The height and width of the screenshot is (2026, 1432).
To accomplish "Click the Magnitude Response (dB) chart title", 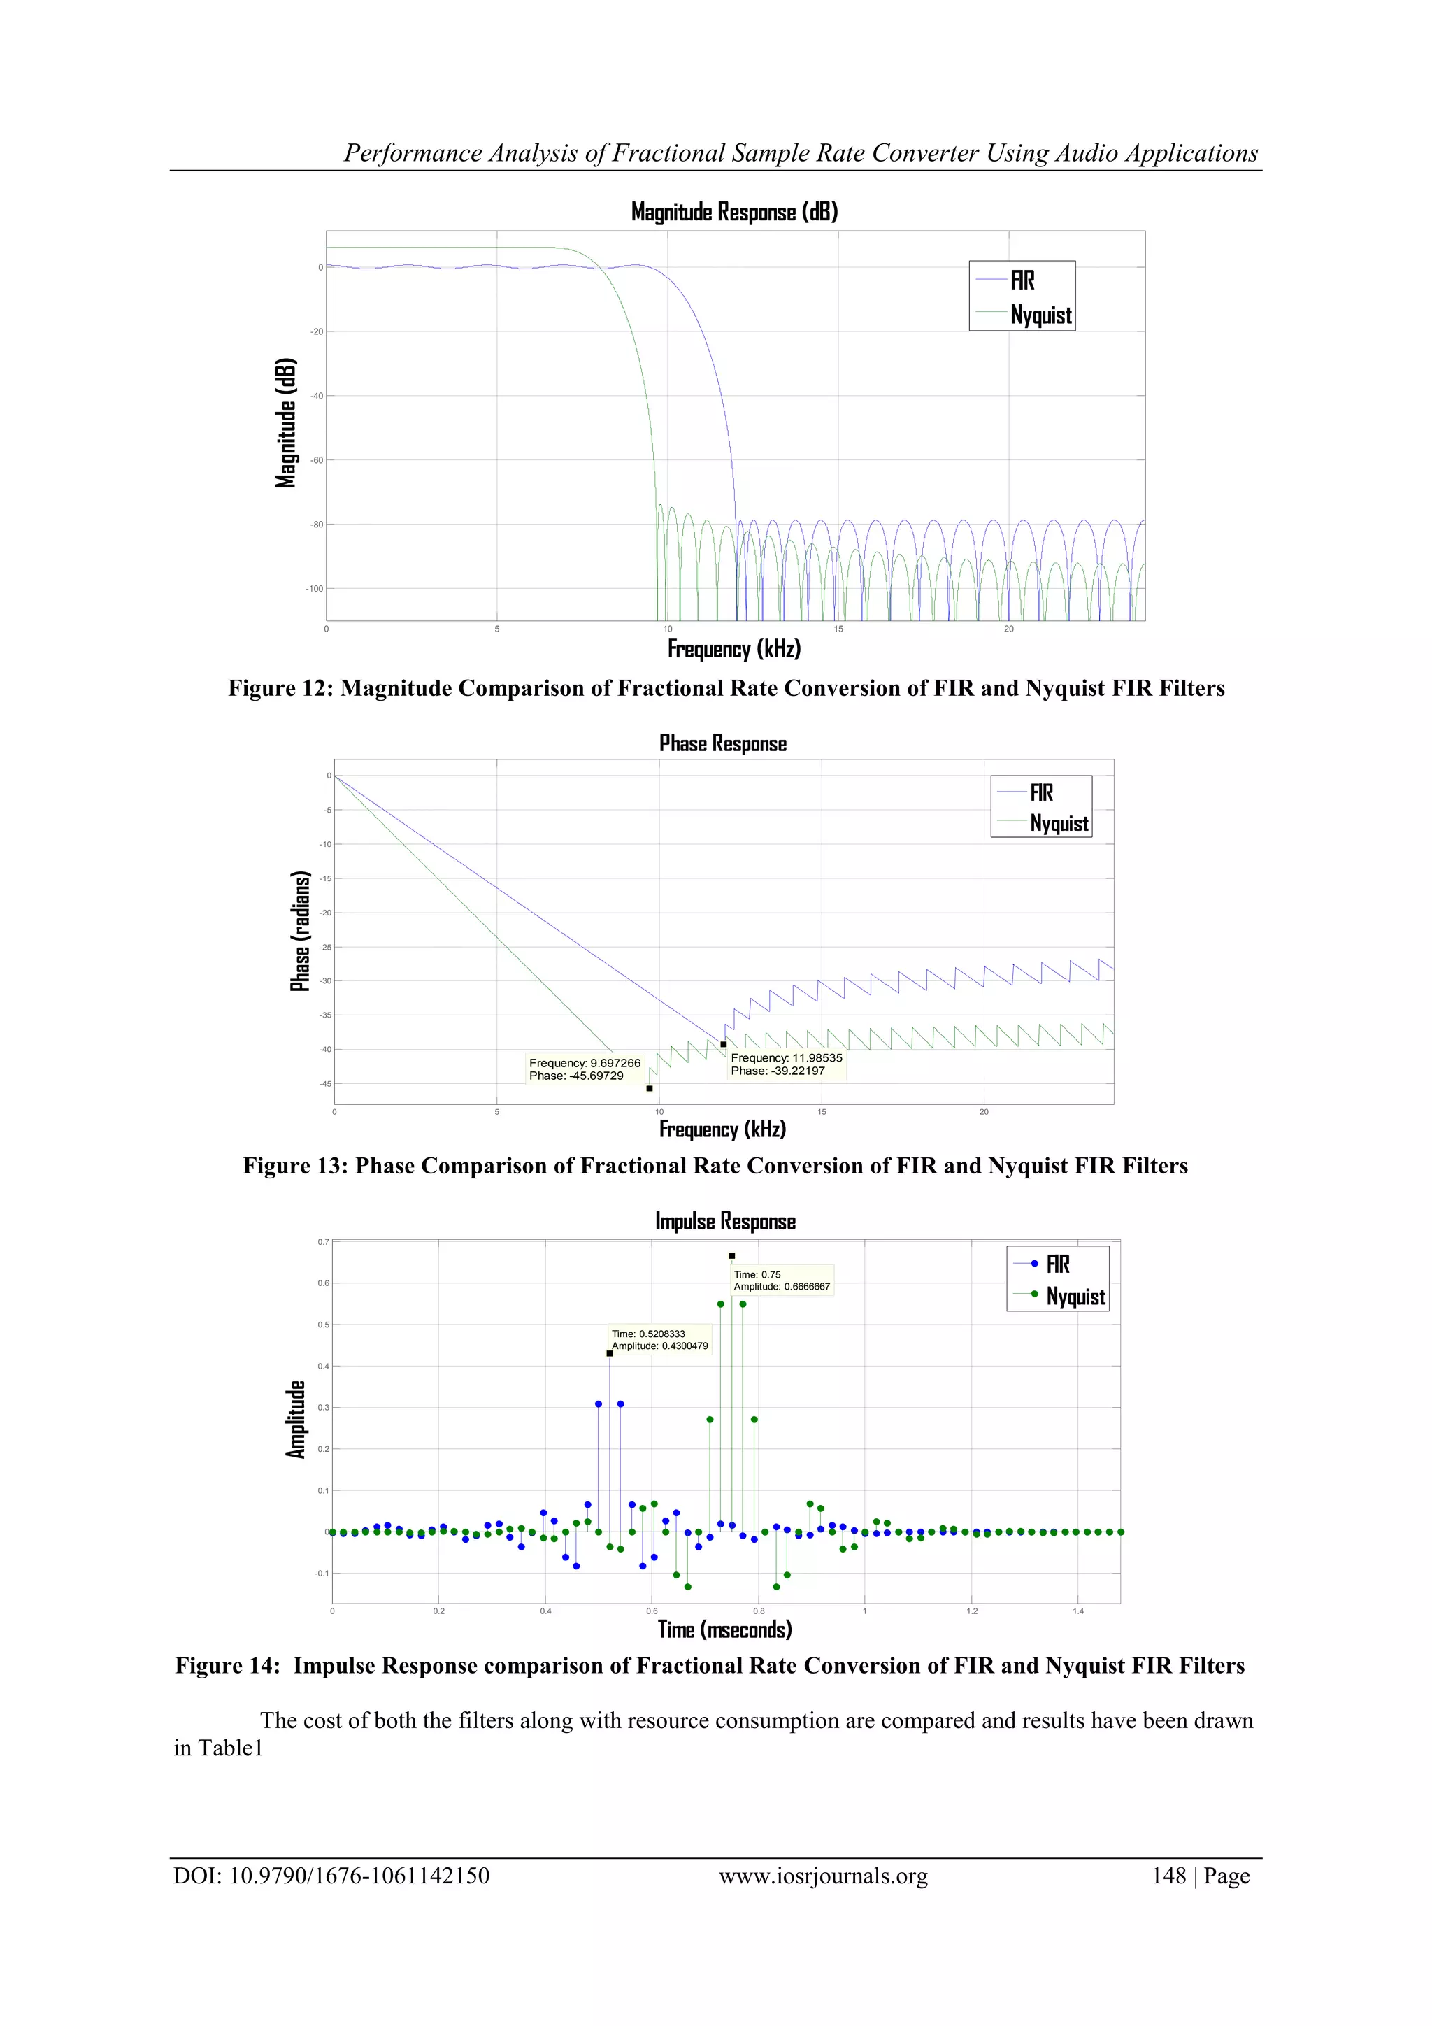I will pos(734,212).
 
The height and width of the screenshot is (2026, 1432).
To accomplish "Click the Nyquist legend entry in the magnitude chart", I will pos(1040,315).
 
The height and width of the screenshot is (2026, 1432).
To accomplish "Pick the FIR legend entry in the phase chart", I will pos(1041,792).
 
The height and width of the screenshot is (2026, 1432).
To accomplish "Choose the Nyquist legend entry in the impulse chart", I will pos(1075,1297).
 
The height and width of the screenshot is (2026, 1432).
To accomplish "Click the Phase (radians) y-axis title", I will pos(301,931).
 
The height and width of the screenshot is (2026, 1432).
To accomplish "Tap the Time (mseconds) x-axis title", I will pos(724,1629).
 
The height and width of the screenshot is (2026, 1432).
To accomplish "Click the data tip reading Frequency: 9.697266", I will pos(584,1069).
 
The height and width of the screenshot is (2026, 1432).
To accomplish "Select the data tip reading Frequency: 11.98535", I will pos(786,1064).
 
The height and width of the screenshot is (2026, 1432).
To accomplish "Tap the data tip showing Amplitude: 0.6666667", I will pos(782,1280).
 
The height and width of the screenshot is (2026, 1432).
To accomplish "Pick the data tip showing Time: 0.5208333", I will pos(659,1339).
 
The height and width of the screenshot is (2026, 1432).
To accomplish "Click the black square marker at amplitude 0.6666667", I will pos(731,1255).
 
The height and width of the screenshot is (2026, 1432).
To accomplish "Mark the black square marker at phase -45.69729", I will pos(650,1088).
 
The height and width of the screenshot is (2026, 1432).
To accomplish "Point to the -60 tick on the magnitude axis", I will pos(316,459).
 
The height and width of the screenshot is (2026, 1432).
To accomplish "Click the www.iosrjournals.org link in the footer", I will pos(823,1877).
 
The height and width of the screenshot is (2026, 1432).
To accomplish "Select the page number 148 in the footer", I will pos(1168,1877).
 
